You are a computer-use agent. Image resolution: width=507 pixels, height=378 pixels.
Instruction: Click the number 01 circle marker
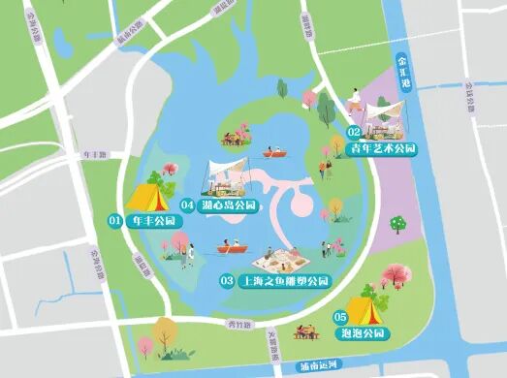coord(114,221)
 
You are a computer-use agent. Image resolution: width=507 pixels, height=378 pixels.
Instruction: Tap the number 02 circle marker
coord(355,131)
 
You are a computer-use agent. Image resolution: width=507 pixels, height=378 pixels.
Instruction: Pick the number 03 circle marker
coord(228,281)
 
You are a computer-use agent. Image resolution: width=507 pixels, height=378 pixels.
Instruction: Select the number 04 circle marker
coord(188,205)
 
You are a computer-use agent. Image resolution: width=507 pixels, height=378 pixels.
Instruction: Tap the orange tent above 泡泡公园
coord(362,310)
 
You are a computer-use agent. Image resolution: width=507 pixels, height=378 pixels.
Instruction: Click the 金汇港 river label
coord(402,72)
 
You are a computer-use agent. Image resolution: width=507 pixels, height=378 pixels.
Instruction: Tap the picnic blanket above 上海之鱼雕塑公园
coord(279,259)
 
